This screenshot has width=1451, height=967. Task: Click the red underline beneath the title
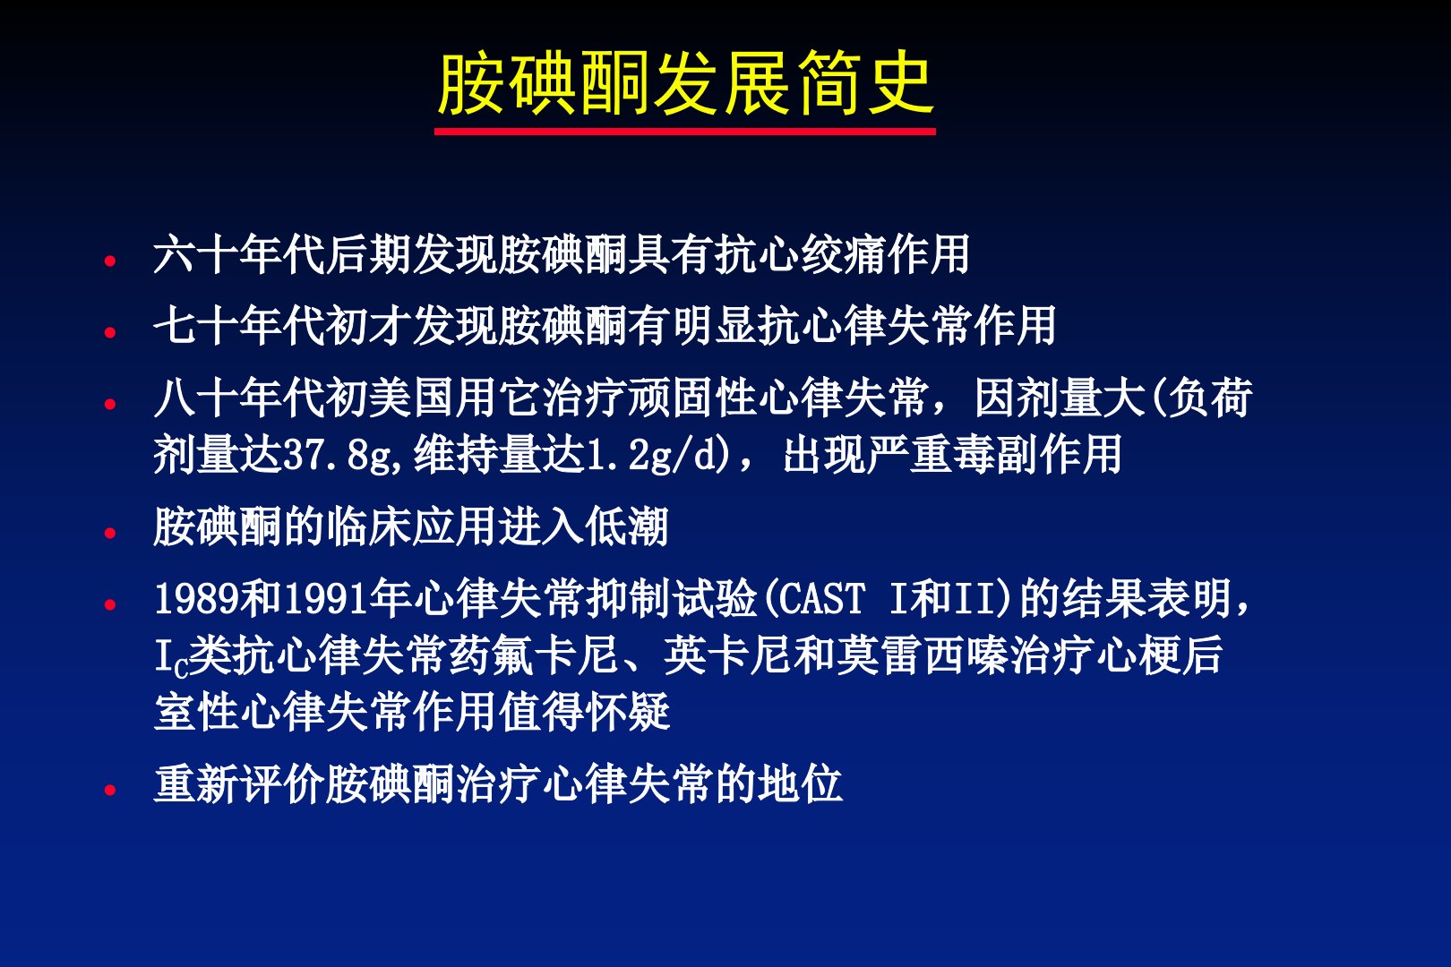tap(684, 132)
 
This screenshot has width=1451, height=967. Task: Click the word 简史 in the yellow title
tap(864, 83)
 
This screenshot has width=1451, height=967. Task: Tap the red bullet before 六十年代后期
tap(110, 261)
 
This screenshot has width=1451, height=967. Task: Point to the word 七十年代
tap(239, 325)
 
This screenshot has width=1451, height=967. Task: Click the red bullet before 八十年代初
tap(110, 404)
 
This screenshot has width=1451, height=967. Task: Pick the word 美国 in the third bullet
tap(412, 397)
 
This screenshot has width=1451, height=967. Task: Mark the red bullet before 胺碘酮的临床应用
tap(110, 533)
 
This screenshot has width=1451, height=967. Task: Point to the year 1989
tap(197, 598)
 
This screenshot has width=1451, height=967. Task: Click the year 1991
tap(326, 598)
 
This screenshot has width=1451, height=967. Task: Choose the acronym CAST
tap(821, 598)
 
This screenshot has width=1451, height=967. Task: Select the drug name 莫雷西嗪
tap(923, 655)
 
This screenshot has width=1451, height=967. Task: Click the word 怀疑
tap(626, 711)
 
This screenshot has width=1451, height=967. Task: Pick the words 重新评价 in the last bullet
tap(239, 783)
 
